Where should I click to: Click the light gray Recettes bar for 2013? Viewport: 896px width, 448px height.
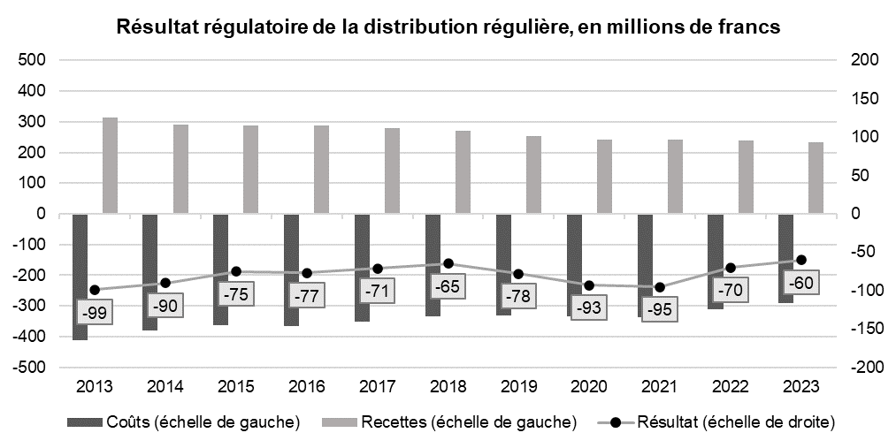(110, 165)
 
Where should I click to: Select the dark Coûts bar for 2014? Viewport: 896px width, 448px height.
(149, 272)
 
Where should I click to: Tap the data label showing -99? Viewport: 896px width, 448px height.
(95, 313)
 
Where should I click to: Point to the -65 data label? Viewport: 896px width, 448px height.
(447, 286)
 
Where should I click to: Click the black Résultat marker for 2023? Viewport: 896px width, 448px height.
(801, 260)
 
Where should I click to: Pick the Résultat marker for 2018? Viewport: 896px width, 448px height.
(448, 263)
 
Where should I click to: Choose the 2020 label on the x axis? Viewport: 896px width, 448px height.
(589, 386)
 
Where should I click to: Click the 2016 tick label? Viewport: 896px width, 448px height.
(306, 386)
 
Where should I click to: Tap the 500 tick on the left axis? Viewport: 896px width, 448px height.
(32, 60)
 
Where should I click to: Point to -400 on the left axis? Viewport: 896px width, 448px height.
(28, 337)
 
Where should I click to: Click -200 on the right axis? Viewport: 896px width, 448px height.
(864, 368)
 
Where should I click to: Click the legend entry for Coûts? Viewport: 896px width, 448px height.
(183, 422)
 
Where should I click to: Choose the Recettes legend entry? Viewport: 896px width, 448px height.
(449, 422)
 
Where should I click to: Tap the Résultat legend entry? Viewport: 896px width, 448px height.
(716, 422)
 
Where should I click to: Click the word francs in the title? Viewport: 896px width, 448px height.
(752, 27)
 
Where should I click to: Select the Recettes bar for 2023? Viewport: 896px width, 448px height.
(816, 178)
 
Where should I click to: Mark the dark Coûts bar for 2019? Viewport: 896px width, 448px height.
(503, 265)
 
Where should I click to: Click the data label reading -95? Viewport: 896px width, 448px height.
(660, 309)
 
